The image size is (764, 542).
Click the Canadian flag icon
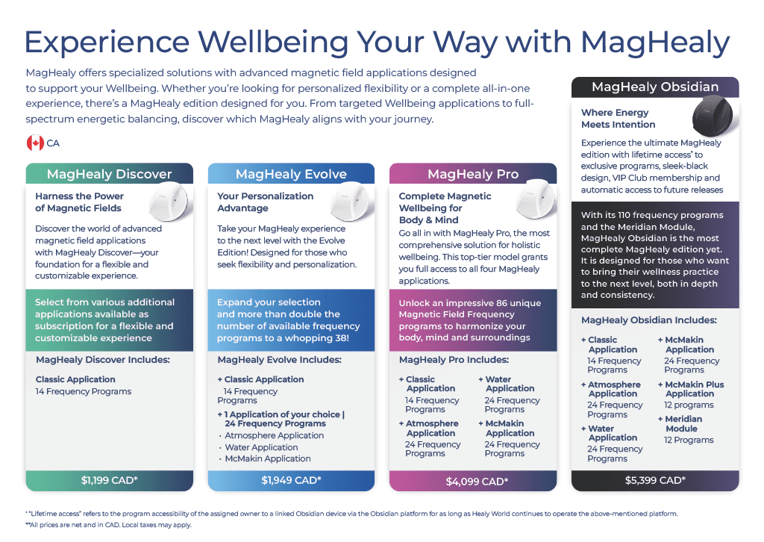click(x=35, y=143)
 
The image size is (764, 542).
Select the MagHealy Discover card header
click(x=109, y=174)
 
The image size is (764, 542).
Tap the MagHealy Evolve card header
click(x=291, y=174)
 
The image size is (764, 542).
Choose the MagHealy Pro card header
click(x=473, y=174)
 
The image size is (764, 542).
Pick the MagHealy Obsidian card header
click(x=655, y=87)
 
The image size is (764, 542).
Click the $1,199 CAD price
click(x=109, y=480)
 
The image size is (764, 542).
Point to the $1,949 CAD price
click(x=291, y=480)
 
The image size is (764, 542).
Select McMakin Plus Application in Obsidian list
click(x=694, y=389)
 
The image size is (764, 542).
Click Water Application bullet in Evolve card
click(x=261, y=447)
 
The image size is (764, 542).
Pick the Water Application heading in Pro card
click(x=510, y=384)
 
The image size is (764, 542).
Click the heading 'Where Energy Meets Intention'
click(x=618, y=119)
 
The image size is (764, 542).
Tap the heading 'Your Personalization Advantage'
click(x=265, y=202)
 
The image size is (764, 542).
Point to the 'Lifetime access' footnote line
click(x=351, y=514)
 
